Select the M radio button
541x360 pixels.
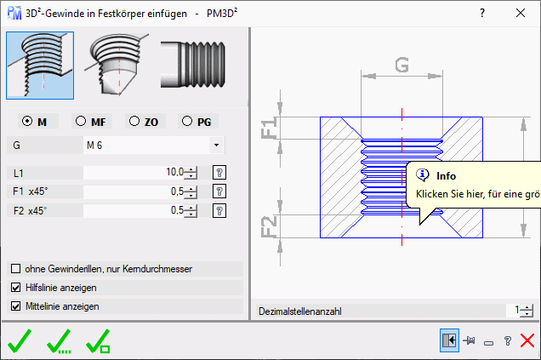coord(28,121)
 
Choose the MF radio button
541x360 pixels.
coord(82,121)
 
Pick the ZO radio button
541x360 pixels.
coord(134,121)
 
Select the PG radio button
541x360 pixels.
coord(187,121)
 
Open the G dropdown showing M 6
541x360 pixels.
coord(216,146)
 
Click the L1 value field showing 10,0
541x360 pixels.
coord(136,172)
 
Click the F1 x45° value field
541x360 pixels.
coord(136,191)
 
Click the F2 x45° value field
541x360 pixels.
coord(136,210)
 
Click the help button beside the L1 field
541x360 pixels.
coord(219,172)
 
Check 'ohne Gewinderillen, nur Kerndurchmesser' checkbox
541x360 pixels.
coord(16,269)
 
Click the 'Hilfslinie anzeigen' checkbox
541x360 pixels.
coord(16,288)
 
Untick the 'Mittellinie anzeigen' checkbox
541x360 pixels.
coord(16,306)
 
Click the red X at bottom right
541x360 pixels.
coord(527,340)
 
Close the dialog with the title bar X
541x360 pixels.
coord(520,14)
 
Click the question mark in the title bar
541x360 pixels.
coord(482,14)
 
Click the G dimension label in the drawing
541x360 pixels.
coord(402,65)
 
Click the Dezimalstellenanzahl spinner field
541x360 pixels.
coord(517,311)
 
